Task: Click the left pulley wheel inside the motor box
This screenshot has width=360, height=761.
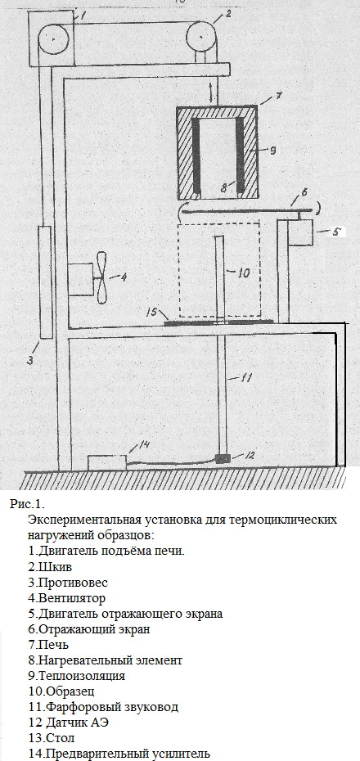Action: point(51,38)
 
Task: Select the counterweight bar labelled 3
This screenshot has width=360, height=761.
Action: point(46,282)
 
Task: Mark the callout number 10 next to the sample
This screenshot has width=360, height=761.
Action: point(244,274)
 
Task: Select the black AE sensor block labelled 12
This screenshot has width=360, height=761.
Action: point(223,458)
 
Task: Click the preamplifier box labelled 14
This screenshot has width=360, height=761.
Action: point(106,462)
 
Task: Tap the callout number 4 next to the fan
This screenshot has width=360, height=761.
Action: point(124,277)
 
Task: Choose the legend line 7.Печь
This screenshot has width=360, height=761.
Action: point(48,645)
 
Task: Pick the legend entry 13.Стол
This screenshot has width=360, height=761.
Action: point(52,738)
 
